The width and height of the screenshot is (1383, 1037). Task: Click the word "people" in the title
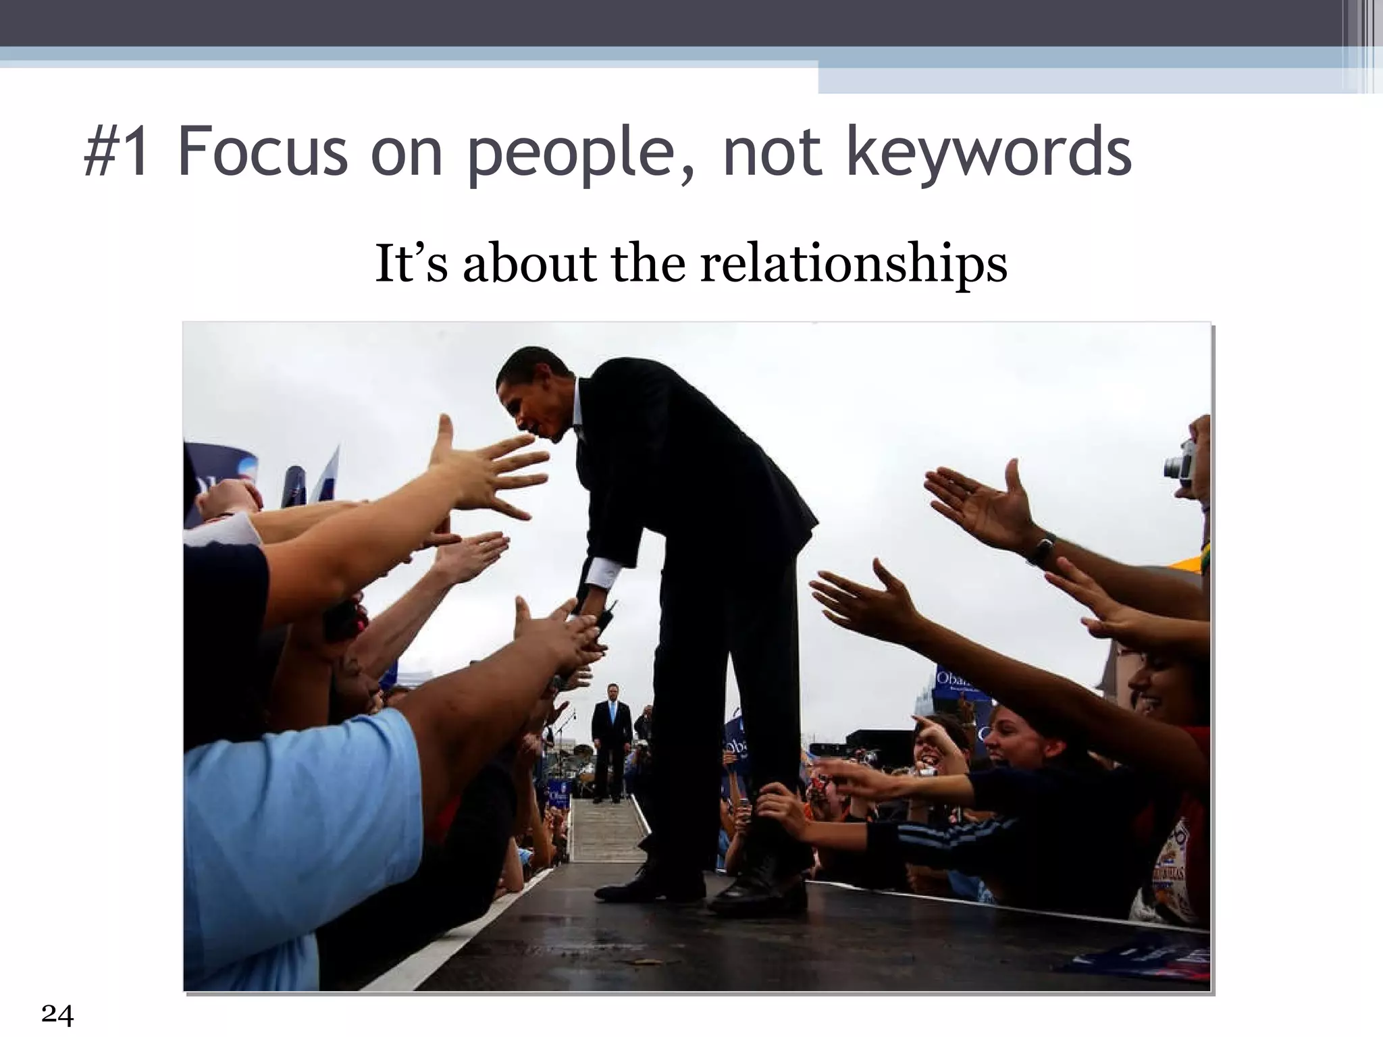coord(571,154)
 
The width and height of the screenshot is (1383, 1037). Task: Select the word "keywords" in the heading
coord(989,154)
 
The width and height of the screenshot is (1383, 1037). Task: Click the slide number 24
coord(57,1015)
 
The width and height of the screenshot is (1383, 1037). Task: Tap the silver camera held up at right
coord(1180,464)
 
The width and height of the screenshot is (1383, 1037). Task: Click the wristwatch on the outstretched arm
coord(1041,549)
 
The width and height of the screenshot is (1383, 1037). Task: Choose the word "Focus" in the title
coord(263,153)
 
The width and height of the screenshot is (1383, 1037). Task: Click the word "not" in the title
coord(773,154)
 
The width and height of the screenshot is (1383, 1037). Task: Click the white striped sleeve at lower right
coord(945,841)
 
